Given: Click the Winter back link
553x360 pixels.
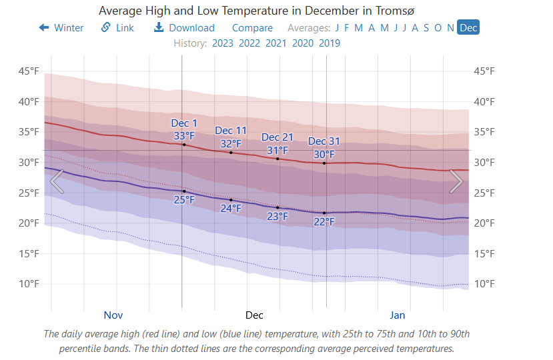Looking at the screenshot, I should [61, 28].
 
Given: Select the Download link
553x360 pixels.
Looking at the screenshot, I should [184, 28].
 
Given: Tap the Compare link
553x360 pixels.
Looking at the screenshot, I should [252, 28].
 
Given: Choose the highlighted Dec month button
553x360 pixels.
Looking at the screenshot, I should [468, 27].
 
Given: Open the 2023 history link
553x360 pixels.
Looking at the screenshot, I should [223, 43].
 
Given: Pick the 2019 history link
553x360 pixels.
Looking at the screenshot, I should [330, 43].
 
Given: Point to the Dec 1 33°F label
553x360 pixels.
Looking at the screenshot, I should [184, 130].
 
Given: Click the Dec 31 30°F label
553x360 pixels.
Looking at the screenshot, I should [324, 148].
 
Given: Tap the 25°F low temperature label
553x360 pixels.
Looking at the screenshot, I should [184, 199].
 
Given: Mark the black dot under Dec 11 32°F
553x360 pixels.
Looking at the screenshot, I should [231, 153].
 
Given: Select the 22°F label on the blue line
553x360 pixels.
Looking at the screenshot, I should [324, 221].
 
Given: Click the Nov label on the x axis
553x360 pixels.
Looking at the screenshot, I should [114, 315].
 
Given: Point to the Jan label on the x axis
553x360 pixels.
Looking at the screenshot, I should [398, 315].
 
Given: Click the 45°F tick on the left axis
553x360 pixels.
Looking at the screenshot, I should [28, 71].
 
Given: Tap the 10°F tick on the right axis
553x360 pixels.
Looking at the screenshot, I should [484, 284].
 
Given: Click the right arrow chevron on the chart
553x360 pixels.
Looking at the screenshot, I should [456, 181].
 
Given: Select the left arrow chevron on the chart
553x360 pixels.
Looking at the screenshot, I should [57, 181].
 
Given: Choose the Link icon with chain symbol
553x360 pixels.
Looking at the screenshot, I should [106, 27].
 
